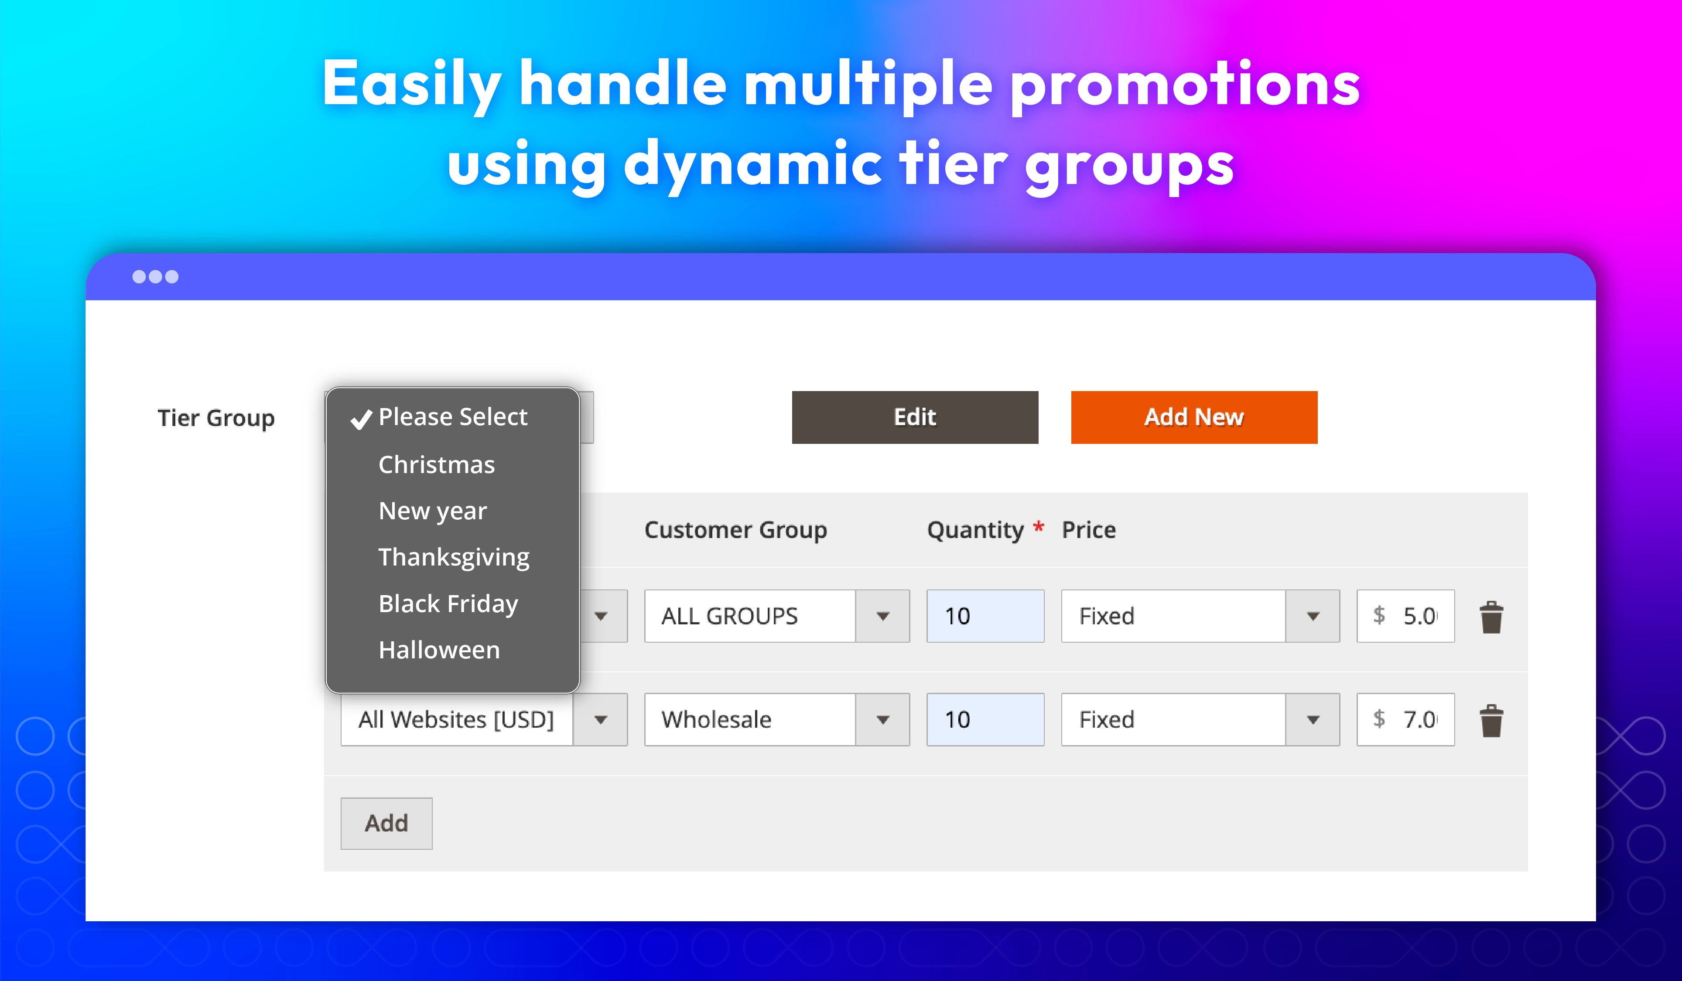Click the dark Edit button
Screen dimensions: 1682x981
click(x=915, y=417)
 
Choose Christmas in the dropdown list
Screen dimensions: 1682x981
click(x=437, y=464)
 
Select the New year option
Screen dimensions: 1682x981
click(x=433, y=511)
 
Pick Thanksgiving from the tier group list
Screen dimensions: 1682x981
click(x=454, y=557)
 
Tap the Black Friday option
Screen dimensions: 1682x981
click(x=448, y=604)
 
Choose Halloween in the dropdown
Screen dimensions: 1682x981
click(x=439, y=650)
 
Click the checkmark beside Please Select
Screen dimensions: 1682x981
click(x=361, y=419)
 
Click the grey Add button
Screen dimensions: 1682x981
click(x=386, y=824)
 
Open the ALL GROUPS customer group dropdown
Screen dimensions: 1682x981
click(x=777, y=616)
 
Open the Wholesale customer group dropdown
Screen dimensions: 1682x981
click(x=777, y=719)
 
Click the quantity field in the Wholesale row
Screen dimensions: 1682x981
click(x=985, y=719)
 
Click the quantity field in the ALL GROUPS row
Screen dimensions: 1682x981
click(x=985, y=616)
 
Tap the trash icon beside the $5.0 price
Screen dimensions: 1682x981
click(x=1491, y=617)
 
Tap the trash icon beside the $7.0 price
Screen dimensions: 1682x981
click(x=1491, y=721)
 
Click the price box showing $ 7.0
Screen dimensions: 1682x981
click(x=1406, y=719)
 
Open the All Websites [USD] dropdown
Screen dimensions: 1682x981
click(x=484, y=719)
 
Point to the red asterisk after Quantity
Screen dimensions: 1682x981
click(x=1039, y=527)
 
